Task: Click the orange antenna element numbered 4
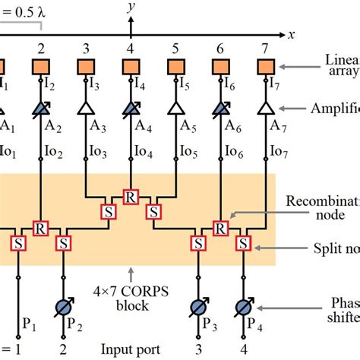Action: tap(131, 67)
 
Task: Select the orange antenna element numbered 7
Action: tap(265, 67)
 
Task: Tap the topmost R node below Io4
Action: tap(131, 196)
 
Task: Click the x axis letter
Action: tap(289, 34)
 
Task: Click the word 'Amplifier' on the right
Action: tap(335, 109)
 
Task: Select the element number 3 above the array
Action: tap(86, 49)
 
